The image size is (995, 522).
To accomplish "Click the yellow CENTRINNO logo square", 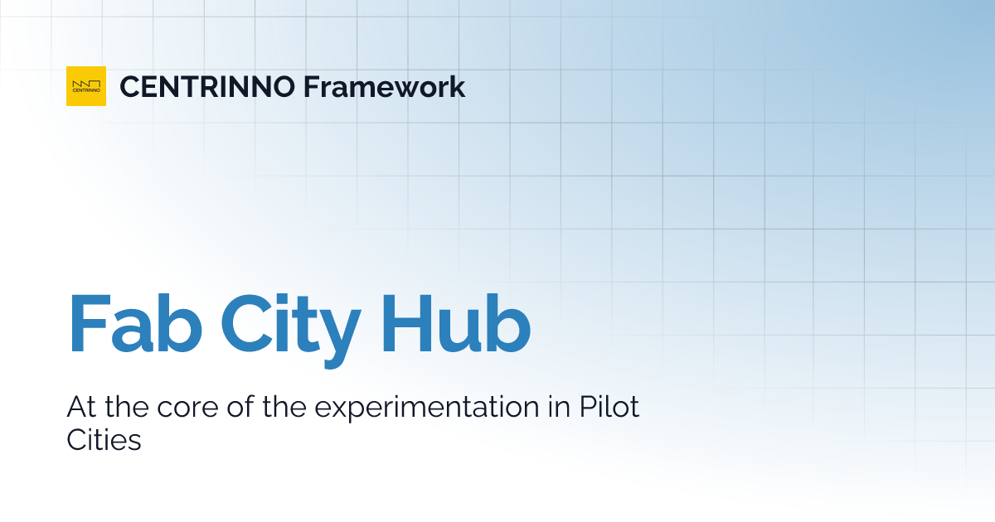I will [x=86, y=86].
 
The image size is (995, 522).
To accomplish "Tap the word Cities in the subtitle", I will [x=104, y=440].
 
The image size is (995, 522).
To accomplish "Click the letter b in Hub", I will [x=507, y=321].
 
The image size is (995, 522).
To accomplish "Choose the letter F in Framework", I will [x=309, y=86].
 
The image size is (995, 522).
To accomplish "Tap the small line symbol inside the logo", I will [x=86, y=83].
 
